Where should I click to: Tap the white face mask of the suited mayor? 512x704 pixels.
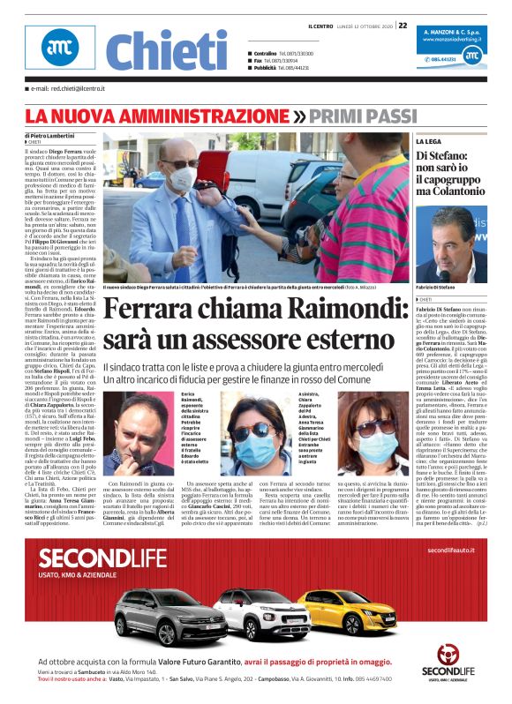click(x=183, y=181)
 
